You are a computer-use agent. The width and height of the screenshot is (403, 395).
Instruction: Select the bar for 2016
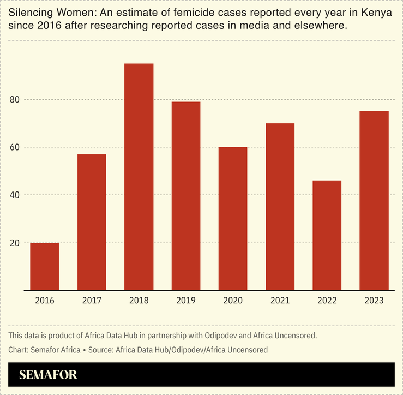(x=44, y=266)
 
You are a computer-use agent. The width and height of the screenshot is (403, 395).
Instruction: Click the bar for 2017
(x=92, y=222)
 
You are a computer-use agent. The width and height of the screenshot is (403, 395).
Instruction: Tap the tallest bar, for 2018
(x=139, y=177)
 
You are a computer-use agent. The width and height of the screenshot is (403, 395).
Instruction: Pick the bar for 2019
(x=186, y=196)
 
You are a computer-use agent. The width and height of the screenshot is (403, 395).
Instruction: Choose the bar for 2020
(x=233, y=218)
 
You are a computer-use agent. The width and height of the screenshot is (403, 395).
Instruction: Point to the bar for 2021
(x=280, y=207)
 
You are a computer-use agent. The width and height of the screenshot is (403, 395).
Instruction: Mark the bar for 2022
(x=327, y=235)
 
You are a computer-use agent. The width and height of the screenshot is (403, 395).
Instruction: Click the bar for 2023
(x=374, y=200)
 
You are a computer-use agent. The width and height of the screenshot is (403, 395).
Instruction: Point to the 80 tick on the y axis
(x=14, y=100)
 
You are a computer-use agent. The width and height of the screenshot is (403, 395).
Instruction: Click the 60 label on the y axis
(x=14, y=147)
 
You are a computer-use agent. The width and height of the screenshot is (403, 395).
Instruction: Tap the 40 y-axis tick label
(x=14, y=195)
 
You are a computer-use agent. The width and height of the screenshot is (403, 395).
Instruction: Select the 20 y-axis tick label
(x=14, y=243)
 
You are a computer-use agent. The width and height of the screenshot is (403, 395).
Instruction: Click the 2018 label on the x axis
(x=139, y=301)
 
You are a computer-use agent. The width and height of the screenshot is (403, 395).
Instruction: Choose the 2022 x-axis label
(x=327, y=301)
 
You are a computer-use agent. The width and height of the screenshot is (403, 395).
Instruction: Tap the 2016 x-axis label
(x=44, y=301)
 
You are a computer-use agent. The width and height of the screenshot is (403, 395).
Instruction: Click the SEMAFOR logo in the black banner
(x=48, y=375)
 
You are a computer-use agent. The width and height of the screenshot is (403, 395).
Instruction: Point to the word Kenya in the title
(x=378, y=13)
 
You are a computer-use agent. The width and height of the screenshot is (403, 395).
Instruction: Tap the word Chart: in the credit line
(x=20, y=350)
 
